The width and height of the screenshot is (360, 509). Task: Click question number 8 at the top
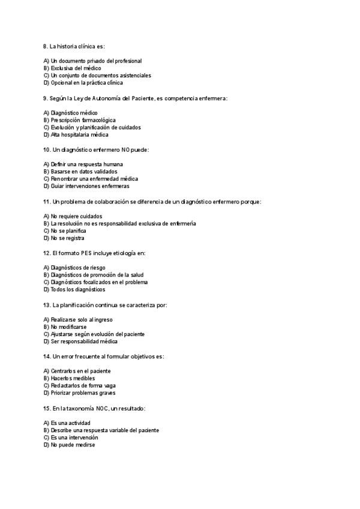point(46,46)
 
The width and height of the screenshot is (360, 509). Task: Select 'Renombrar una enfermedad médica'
point(94,179)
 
